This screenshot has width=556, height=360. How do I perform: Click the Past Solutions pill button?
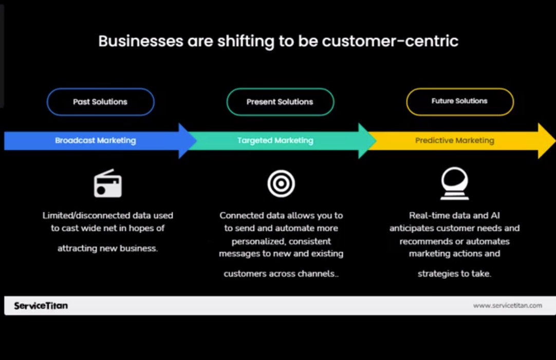[100, 102]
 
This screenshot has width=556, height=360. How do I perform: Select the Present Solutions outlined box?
[280, 102]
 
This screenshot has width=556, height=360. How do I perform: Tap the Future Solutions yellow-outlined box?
[459, 101]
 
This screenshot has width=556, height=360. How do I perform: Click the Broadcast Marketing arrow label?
[96, 140]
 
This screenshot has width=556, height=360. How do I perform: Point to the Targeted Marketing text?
[275, 140]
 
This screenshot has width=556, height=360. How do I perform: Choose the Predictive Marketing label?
[454, 140]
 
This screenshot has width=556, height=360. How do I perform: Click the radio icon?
[108, 184]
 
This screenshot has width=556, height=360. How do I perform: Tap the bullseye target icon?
[281, 184]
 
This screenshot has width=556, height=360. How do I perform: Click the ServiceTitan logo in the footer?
[41, 306]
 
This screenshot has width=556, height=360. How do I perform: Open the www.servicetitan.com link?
[507, 305]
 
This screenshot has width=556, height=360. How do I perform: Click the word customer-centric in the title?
[390, 41]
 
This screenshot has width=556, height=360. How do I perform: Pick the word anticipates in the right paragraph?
[414, 228]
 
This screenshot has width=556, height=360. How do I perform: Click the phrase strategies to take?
[454, 274]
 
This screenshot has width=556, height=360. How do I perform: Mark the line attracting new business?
[107, 248]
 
